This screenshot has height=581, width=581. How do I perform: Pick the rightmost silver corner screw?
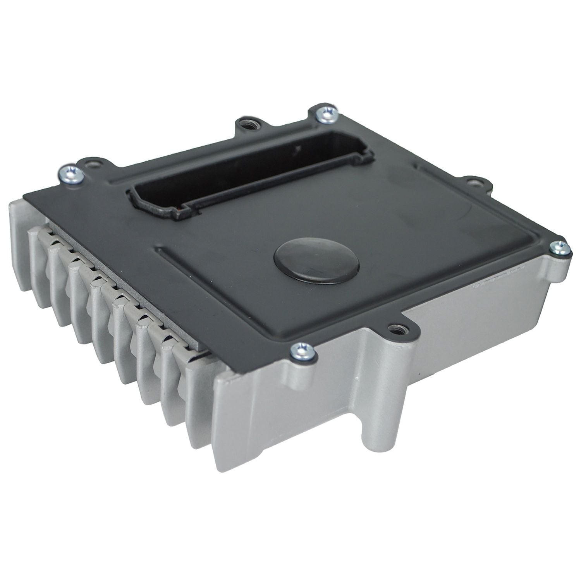click(560, 248)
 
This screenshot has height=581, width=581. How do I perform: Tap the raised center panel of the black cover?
click(387, 225)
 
